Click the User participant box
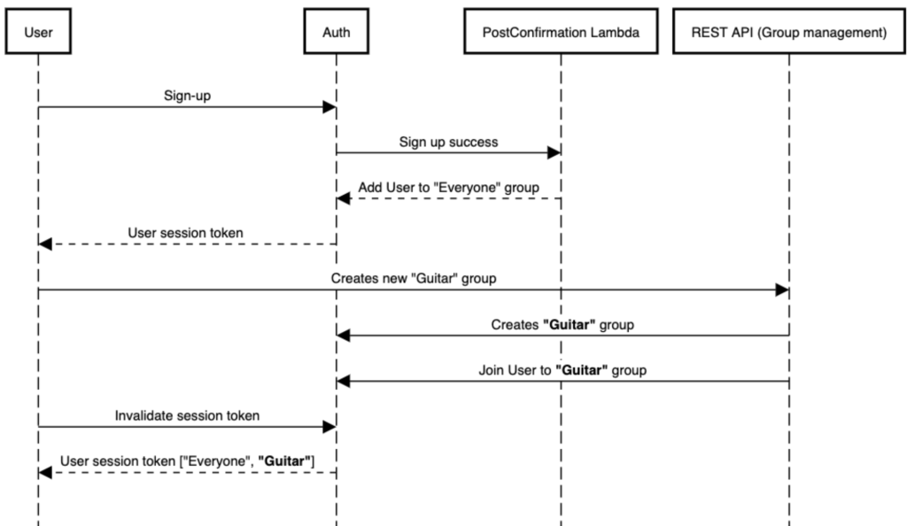pyautogui.click(x=38, y=35)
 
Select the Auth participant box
pyautogui.click(x=336, y=35)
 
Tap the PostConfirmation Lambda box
pyautogui.click(x=560, y=35)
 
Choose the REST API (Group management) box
pyautogui.click(x=788, y=35)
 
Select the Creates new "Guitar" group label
pyautogui.click(x=412, y=278)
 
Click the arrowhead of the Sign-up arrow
pyautogui.click(x=329, y=107)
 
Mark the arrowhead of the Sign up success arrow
pyautogui.click(x=554, y=153)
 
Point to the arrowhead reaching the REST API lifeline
pyautogui.click(x=782, y=290)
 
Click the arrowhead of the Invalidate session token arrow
pyautogui.click(x=329, y=427)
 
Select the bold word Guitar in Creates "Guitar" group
pyautogui.click(x=570, y=324)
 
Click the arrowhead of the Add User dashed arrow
pyautogui.click(x=344, y=199)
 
